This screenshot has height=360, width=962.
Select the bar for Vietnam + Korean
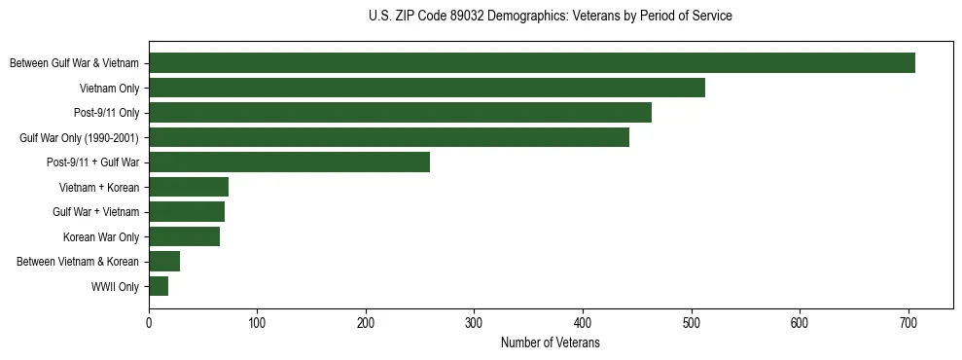tap(189, 187)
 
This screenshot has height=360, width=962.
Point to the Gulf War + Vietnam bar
tap(187, 212)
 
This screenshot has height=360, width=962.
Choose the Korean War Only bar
tap(184, 236)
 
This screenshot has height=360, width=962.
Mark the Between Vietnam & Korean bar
tap(164, 262)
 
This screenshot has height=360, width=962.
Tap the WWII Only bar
tap(159, 286)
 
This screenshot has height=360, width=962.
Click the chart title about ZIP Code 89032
tap(551, 17)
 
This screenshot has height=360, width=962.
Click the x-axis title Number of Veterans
tap(551, 343)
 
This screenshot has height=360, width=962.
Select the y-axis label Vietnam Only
tap(109, 89)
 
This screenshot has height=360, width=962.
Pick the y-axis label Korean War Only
tap(101, 237)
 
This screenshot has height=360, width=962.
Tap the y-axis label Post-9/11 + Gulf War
tap(92, 162)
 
